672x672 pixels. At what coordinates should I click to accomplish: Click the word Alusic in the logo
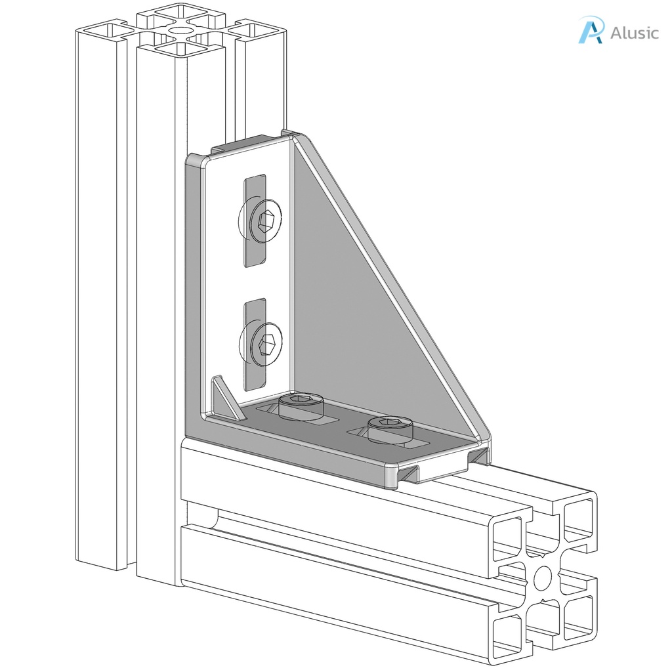point(634,33)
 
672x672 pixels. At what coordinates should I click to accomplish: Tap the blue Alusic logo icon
point(590,30)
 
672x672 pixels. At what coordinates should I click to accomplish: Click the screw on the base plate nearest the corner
point(301,406)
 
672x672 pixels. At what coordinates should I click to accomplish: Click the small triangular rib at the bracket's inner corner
point(224,397)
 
